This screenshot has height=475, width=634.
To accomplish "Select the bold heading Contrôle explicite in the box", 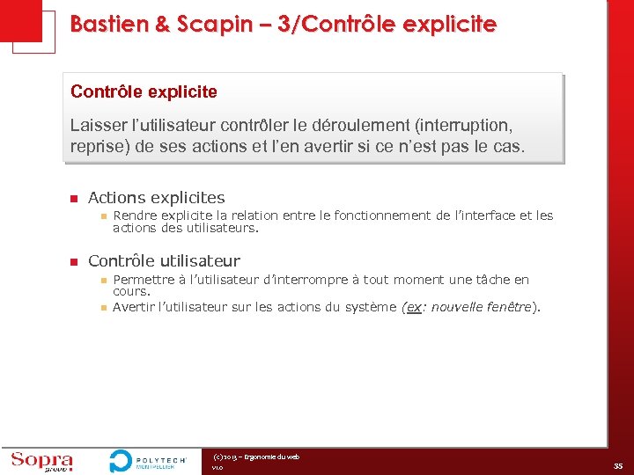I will click(144, 91).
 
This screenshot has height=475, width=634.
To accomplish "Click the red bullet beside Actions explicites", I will click(75, 199).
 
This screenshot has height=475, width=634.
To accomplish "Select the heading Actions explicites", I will click(157, 198).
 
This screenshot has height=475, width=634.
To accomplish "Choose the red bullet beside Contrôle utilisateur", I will click(75, 261).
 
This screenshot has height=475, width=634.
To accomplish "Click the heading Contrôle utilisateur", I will click(164, 260).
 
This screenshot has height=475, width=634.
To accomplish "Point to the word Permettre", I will click(144, 280).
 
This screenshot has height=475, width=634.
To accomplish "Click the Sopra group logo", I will click(41, 460).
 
